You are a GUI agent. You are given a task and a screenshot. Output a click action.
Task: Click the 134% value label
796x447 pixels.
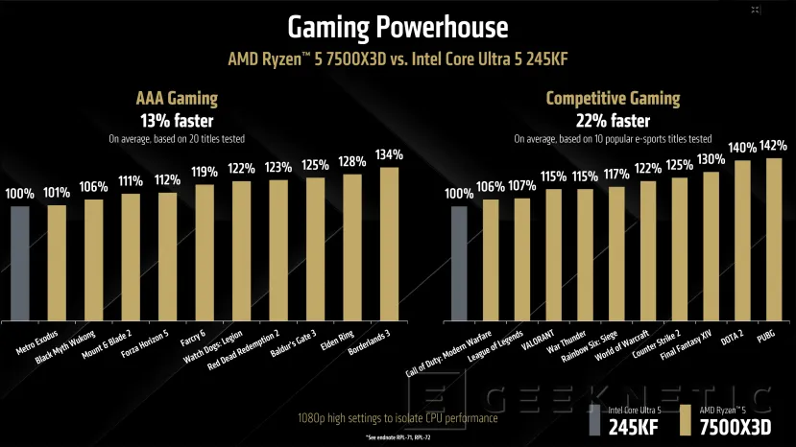point(389,154)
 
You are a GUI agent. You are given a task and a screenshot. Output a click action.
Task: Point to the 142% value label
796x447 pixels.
point(774,146)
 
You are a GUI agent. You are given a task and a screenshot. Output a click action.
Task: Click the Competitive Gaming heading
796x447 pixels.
point(613,98)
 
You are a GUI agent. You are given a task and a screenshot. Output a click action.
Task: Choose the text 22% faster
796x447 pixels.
point(613,121)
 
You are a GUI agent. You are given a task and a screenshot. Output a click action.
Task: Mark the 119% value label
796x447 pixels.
point(205,173)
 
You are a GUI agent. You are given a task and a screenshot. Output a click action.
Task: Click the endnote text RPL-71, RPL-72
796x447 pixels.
point(398,437)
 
